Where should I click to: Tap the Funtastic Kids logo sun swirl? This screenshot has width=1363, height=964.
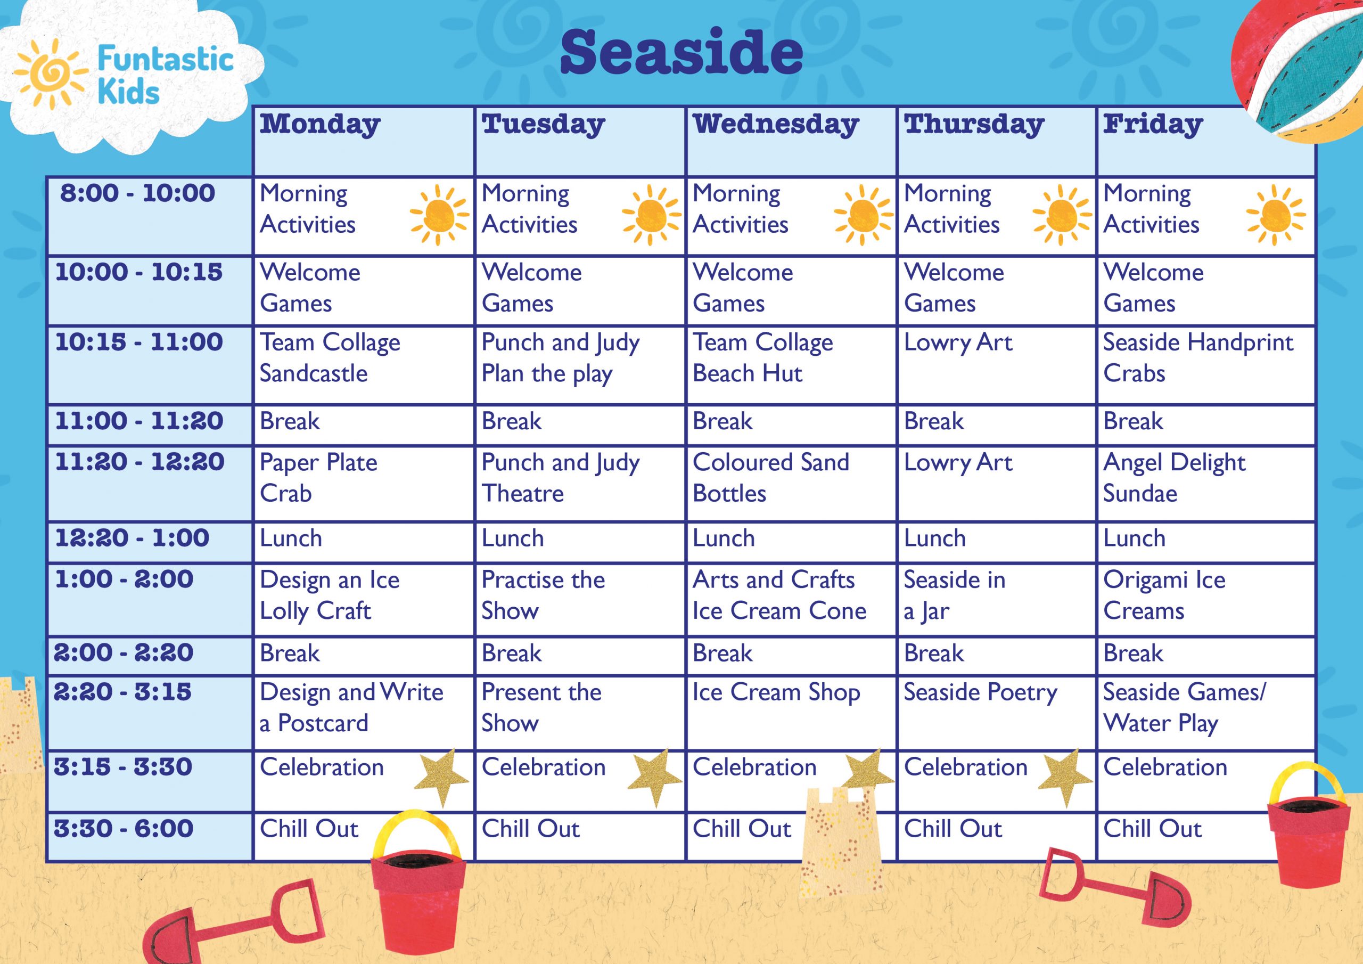point(48,74)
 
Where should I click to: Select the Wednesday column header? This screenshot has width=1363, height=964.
point(791,141)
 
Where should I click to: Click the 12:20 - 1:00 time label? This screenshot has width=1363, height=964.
point(133,537)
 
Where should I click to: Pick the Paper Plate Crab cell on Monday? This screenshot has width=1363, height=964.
point(363,484)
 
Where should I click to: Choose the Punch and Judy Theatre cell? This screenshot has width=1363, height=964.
point(580,484)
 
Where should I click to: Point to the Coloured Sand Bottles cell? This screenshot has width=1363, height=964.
point(791,484)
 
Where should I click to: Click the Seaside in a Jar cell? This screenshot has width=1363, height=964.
point(997,599)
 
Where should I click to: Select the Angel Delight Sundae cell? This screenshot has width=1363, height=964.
point(1206,484)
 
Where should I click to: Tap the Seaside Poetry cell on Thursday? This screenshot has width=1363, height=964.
point(997,712)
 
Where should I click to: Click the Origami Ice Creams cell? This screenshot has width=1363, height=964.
point(1206,599)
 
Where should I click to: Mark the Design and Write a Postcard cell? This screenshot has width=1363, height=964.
point(363,712)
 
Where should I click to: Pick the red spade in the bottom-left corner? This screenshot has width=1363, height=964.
point(234,924)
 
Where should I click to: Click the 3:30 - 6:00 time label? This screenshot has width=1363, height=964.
point(124,828)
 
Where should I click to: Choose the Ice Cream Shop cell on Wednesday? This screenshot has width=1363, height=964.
point(791,712)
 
